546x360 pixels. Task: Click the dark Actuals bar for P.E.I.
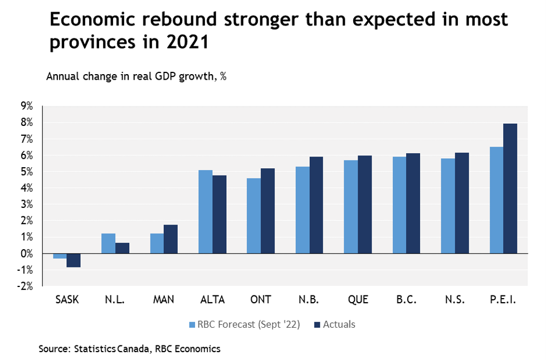click(510, 188)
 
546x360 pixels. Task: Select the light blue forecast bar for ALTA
click(206, 212)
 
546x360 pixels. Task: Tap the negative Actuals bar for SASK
click(74, 260)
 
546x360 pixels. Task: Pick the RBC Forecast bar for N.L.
click(108, 244)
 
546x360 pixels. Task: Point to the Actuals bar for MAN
click(170, 239)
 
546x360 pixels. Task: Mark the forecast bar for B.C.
click(399, 205)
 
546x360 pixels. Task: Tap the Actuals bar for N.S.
click(462, 203)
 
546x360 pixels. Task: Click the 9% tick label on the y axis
click(27, 106)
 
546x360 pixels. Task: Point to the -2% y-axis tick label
click(26, 286)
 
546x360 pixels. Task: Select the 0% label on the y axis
click(27, 254)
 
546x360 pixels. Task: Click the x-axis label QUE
click(358, 300)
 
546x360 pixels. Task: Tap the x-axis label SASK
click(67, 300)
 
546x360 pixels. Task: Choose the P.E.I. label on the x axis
click(503, 300)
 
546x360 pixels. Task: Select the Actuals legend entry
click(334, 324)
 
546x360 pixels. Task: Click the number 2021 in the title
click(184, 42)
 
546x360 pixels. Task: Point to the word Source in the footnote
click(54, 349)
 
